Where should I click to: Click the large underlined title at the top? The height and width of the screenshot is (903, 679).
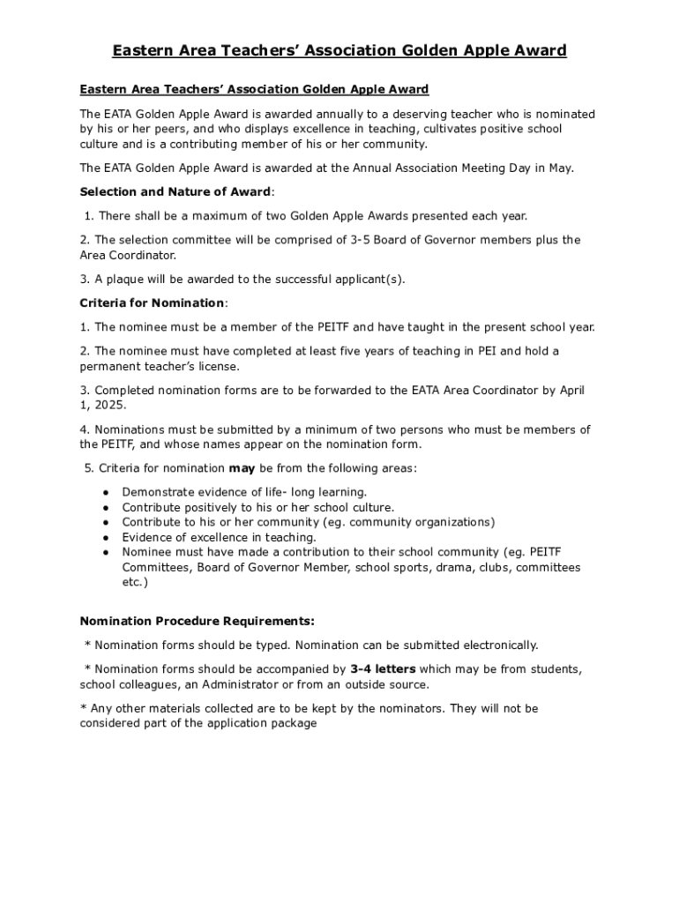[339, 50]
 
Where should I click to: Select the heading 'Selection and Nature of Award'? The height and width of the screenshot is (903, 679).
[175, 192]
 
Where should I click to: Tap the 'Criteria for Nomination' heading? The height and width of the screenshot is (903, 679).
[153, 303]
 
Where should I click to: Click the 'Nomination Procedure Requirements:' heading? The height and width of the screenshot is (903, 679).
[197, 621]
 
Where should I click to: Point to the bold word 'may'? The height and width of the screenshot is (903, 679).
[242, 468]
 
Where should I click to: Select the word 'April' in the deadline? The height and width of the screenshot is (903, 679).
[568, 390]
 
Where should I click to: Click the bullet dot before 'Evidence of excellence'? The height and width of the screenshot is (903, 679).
[106, 537]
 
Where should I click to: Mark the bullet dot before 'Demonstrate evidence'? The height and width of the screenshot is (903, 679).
[106, 492]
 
